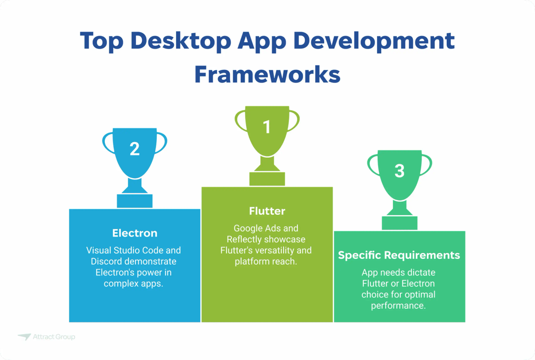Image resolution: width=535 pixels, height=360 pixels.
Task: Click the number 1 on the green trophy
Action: [267, 127]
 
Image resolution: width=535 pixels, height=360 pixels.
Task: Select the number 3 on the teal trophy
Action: [399, 171]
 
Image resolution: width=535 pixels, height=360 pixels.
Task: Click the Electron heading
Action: [135, 233]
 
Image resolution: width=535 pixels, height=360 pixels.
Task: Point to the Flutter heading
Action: [267, 210]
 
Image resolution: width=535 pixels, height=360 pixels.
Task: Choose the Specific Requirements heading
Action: [399, 255]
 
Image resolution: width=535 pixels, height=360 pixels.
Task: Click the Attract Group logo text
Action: [54, 337]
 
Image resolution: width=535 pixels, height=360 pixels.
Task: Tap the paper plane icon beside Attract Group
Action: [24, 337]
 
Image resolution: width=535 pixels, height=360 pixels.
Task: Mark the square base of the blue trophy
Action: [135, 201]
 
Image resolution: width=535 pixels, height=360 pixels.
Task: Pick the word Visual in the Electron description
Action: [99, 250]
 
